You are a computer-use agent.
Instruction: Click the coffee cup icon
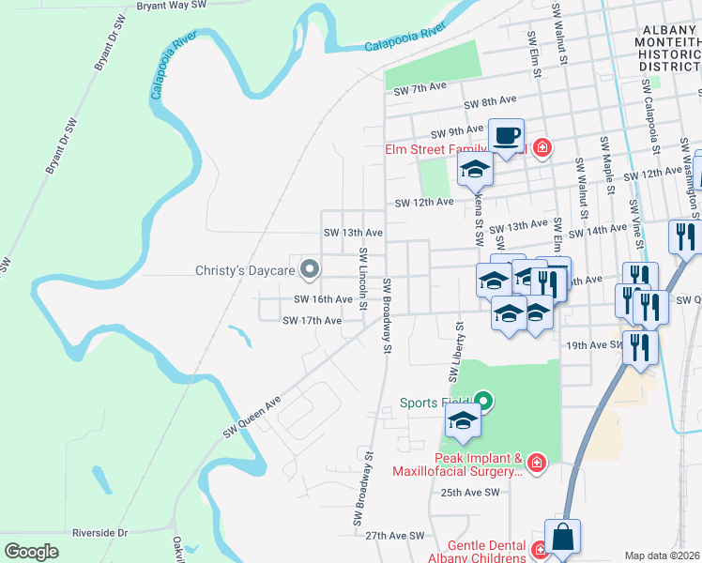(x=506, y=136)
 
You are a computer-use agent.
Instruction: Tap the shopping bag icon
(x=562, y=537)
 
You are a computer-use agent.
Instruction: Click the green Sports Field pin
(x=483, y=402)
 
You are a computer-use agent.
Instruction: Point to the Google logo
(x=31, y=551)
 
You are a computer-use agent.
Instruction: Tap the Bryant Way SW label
(x=171, y=6)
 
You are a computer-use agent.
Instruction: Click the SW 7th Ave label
(x=420, y=89)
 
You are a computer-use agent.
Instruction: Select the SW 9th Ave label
(x=456, y=131)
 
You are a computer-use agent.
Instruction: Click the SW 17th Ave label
(x=312, y=321)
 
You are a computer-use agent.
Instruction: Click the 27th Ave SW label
(x=395, y=535)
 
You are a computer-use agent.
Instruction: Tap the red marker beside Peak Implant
(x=536, y=462)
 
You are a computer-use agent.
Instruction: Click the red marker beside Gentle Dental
(x=540, y=550)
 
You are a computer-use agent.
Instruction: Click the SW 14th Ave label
(x=598, y=230)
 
